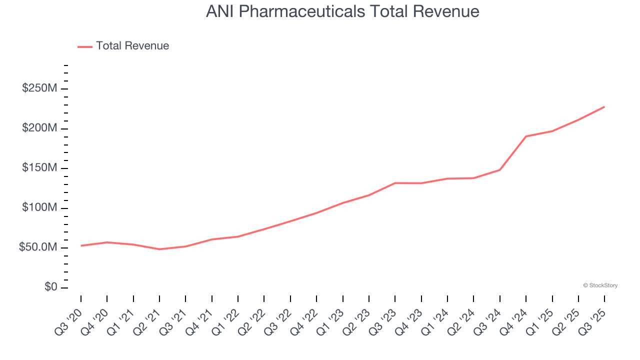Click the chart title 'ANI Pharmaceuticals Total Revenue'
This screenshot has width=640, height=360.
(x=342, y=11)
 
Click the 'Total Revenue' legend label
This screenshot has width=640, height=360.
(x=132, y=46)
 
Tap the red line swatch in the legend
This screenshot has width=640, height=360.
(x=85, y=46)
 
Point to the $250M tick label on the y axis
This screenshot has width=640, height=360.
(x=39, y=89)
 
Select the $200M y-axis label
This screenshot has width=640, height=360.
(x=39, y=128)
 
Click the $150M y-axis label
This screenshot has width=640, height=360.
(x=39, y=168)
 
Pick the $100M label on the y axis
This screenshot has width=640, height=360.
(x=39, y=208)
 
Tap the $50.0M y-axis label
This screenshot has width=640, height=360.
(x=37, y=247)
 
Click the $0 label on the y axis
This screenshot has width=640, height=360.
(x=50, y=287)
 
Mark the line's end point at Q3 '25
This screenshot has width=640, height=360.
(x=604, y=106)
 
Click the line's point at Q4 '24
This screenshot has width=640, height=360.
(x=526, y=136)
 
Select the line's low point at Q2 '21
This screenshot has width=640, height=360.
(x=159, y=249)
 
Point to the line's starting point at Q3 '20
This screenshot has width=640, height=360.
(x=81, y=245)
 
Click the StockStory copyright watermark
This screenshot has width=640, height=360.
(x=600, y=285)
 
